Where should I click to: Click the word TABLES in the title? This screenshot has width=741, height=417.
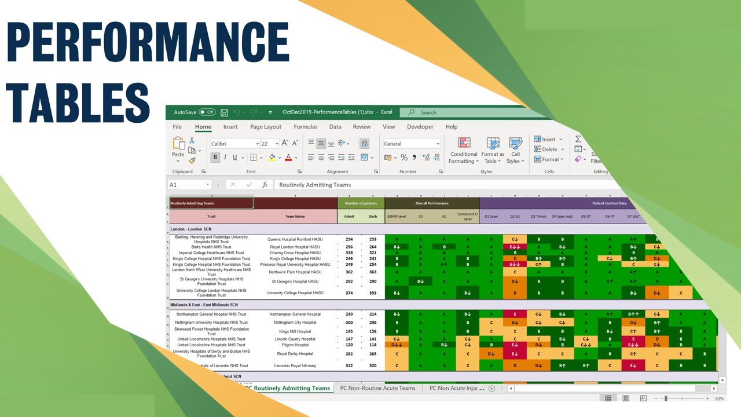tap(78, 103)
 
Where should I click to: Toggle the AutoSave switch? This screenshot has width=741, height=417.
tap(207, 112)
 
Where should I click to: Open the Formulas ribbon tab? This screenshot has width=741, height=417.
tap(305, 127)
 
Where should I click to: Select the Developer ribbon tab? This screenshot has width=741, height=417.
tap(420, 127)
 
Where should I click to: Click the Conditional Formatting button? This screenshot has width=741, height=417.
tap(464, 150)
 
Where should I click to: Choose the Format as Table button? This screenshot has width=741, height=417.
tap(493, 150)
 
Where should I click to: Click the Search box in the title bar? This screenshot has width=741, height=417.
tap(463, 112)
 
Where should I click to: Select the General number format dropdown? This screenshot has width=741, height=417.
tap(411, 144)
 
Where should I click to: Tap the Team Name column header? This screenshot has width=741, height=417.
tap(295, 217)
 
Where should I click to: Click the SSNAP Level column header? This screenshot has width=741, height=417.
tap(397, 217)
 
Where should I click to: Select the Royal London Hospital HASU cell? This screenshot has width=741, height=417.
tap(295, 247)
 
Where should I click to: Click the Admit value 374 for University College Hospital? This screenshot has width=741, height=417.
tap(349, 293)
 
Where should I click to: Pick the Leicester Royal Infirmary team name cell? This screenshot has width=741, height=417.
tap(295, 366)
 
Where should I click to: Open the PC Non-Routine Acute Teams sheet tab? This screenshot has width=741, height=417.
tap(377, 388)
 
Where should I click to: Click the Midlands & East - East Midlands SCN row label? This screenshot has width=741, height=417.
tap(204, 305)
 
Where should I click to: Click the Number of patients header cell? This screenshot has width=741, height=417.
tap(361, 203)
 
